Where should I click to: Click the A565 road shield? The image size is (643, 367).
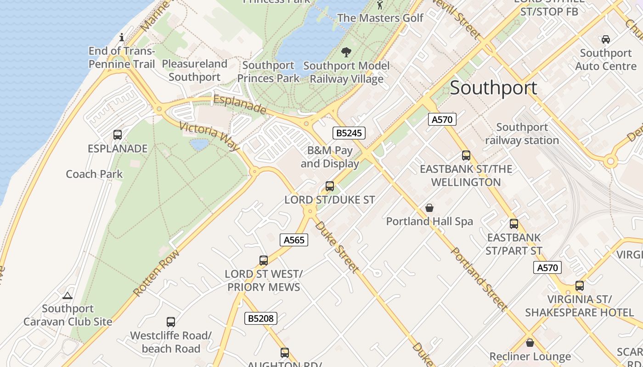coord(294,239)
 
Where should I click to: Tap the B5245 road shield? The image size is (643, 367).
coord(349,133)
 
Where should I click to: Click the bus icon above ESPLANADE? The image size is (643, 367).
coord(118,135)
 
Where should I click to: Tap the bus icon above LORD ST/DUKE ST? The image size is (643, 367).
coord(330,186)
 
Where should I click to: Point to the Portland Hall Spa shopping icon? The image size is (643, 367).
coord(429,208)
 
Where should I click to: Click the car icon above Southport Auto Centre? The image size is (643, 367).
coord(606,39)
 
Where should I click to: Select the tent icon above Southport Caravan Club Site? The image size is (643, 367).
coord(68,295)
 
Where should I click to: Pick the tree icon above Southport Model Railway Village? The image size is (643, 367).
coord(346,52)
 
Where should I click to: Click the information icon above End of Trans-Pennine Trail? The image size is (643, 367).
coord(122,37)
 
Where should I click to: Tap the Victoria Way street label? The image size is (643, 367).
coord(209,136)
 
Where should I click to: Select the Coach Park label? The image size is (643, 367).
coord(94,174)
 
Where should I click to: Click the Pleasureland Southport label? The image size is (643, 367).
coord(195,70)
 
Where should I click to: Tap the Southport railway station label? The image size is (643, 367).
coord(522,133)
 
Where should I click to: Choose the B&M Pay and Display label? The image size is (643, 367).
coord(330,157)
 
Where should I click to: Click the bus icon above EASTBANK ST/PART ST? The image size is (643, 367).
coord(514,224)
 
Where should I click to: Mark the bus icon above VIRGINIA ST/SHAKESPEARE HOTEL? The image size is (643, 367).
coord(580,286)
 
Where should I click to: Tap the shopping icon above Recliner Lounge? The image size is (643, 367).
coord(530,343)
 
